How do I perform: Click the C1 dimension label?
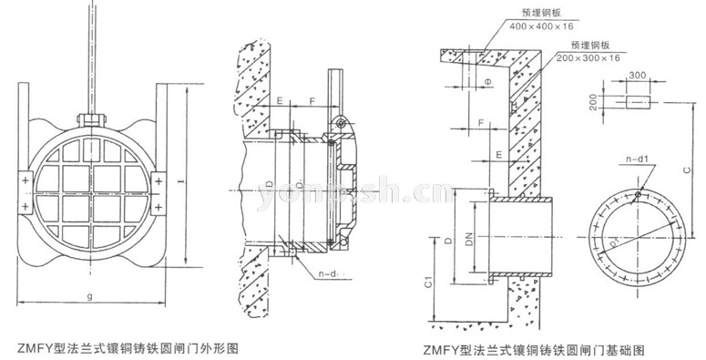[428, 283]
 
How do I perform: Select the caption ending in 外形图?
[128, 347]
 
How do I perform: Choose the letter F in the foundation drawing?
[480, 119]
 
